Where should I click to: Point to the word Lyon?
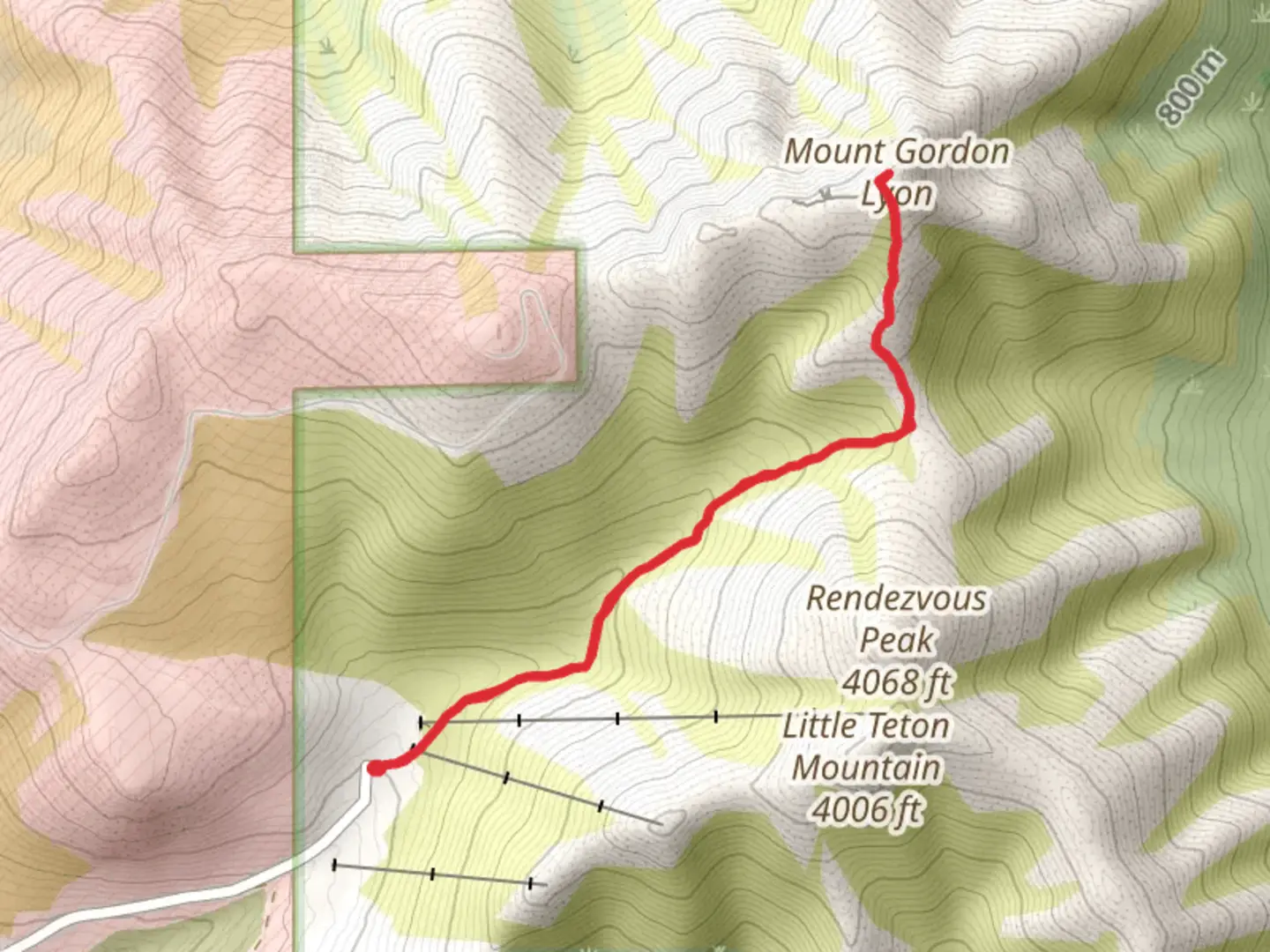897,194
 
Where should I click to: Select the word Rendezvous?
896,599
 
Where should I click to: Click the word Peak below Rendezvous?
896,640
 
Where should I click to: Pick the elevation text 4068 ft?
896,681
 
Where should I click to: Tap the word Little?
820,725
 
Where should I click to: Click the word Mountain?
866,767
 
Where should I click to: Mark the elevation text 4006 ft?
866,808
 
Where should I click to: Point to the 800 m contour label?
1191,86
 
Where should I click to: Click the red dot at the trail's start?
376,768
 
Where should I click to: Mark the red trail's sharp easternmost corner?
910,428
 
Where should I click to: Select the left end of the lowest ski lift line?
334,865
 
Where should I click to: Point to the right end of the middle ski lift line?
660,823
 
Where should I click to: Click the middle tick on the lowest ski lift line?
432,874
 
